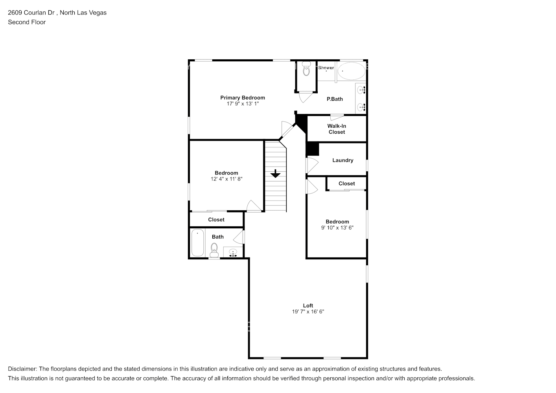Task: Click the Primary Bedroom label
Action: point(242,97)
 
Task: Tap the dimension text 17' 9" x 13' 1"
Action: point(242,104)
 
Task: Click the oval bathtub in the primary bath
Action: point(351,71)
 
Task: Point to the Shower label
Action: point(326,68)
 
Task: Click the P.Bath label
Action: point(335,99)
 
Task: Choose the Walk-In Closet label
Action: point(337,129)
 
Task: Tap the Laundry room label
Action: point(342,160)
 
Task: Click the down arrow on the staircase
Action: point(275,173)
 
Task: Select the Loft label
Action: point(308,305)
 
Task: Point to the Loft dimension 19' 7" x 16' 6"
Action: point(308,312)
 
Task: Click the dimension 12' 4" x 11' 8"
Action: point(226,179)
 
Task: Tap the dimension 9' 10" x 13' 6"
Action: point(337,228)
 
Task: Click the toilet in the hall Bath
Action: point(214,249)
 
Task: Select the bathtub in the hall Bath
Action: point(197,243)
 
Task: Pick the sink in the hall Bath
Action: point(233,252)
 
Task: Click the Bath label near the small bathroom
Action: point(217,237)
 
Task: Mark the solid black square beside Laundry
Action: point(313,149)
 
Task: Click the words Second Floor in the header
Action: point(27,22)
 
